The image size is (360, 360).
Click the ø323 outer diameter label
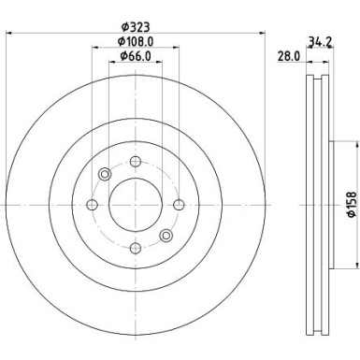[136, 27]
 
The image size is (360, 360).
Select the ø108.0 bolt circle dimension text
[136, 41]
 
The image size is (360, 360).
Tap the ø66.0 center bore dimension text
[136, 56]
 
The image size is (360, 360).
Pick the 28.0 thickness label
[289, 56]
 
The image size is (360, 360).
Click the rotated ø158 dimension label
[352, 205]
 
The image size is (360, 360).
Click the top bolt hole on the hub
[136, 162]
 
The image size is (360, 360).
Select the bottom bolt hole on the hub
[136, 248]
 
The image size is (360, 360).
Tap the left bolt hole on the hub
[92, 205]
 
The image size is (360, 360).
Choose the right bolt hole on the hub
[179, 205]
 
